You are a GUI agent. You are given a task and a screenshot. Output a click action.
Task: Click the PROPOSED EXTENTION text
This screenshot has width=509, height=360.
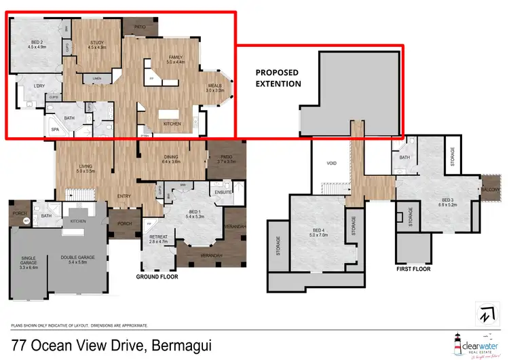(278, 77)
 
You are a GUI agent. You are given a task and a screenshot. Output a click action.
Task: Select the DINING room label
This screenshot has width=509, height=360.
(171, 159)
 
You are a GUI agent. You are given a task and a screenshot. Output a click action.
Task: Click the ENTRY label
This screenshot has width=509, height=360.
(124, 197)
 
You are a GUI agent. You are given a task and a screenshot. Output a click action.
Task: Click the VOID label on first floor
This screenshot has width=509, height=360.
(331, 164)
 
